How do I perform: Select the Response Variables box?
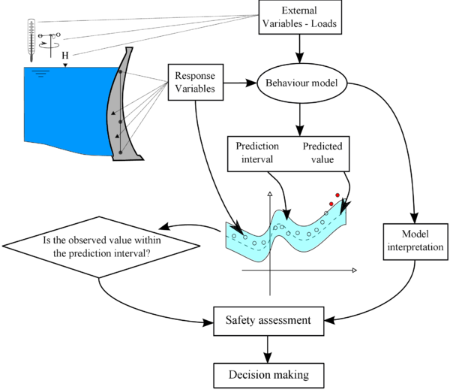point(194,82)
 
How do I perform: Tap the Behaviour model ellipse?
point(300,83)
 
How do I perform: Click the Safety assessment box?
point(268,321)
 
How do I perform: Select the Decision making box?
point(268,373)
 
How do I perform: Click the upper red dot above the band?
point(337,196)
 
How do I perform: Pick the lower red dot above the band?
point(331,204)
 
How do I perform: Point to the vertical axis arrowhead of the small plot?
point(268,195)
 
